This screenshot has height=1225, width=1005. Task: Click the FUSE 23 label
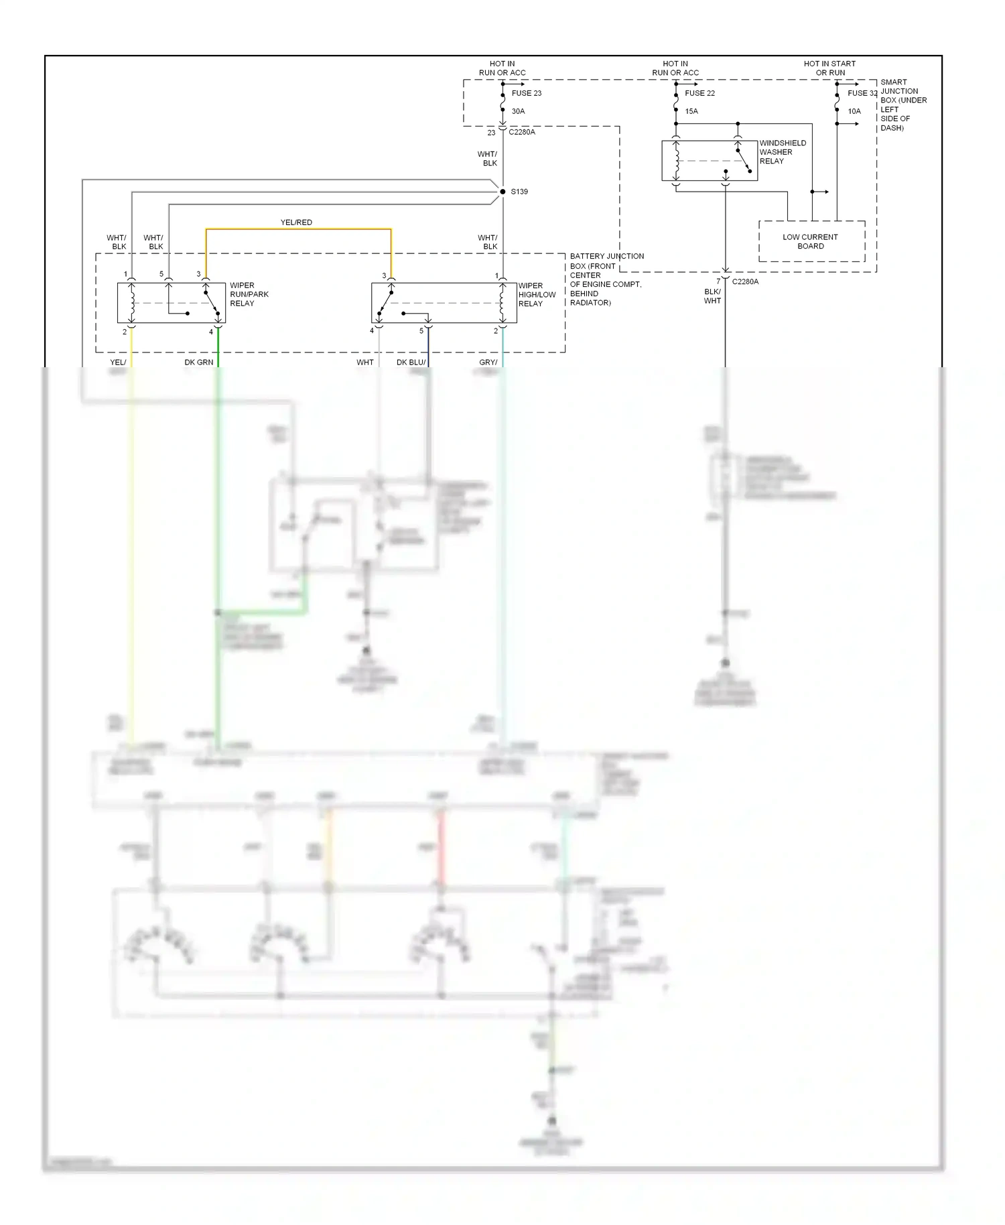[x=526, y=93]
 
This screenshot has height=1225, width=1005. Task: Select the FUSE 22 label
[x=699, y=93]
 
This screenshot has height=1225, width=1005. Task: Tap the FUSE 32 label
[x=862, y=93]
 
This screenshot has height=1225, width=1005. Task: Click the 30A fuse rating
[x=518, y=111]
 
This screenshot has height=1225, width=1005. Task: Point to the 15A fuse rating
[x=691, y=111]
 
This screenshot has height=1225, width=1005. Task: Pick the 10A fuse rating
[x=854, y=111]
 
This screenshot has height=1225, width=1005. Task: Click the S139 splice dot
[x=503, y=192]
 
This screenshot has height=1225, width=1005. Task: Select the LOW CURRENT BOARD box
[x=811, y=241]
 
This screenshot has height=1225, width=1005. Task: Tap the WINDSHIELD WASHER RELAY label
[x=782, y=152]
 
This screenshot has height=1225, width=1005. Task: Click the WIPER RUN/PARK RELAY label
[x=249, y=294]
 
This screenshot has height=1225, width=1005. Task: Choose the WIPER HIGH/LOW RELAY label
[x=537, y=294]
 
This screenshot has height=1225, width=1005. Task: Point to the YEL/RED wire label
[x=296, y=222]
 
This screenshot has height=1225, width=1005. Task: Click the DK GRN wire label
[x=199, y=363]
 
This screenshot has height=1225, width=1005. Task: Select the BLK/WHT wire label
[x=712, y=296]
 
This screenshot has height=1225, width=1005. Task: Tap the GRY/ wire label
[x=488, y=363]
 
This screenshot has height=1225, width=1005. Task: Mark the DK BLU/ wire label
[x=411, y=363]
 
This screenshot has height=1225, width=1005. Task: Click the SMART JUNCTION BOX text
[x=902, y=105]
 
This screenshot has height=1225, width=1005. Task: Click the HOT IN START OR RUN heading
[x=829, y=68]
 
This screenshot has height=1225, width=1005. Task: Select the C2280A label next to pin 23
[x=522, y=132]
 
